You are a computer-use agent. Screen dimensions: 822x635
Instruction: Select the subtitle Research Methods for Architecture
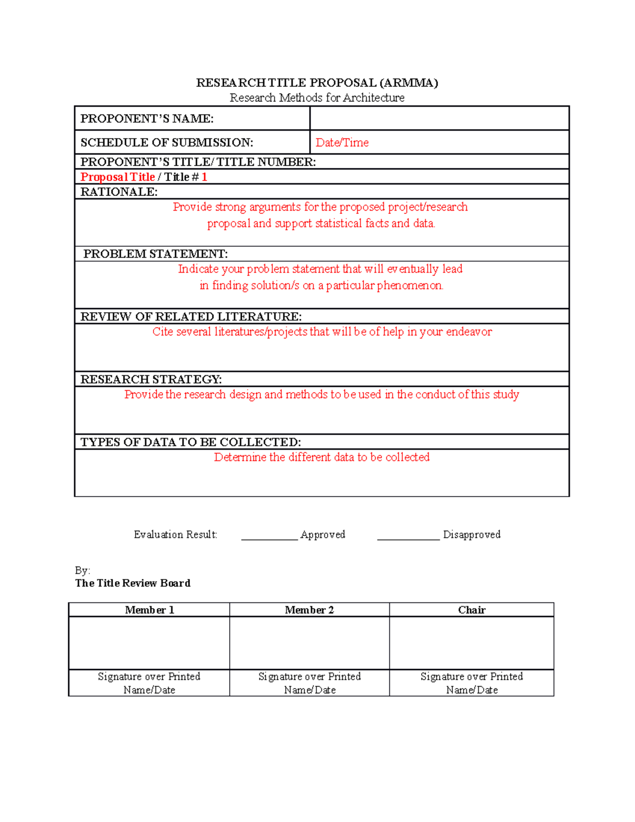[x=317, y=98]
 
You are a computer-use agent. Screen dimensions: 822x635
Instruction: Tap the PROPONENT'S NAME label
[x=147, y=119]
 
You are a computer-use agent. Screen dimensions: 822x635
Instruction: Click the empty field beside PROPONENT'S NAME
[x=439, y=118]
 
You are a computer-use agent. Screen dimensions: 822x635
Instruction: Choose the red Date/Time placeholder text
[x=342, y=142]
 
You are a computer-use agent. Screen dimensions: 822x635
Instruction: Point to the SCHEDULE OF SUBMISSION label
[x=167, y=142]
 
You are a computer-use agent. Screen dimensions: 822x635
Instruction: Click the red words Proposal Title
[x=117, y=177]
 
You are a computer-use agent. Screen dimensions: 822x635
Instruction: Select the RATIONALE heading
[x=119, y=192]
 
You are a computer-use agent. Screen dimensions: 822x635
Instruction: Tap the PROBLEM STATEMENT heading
[x=156, y=254]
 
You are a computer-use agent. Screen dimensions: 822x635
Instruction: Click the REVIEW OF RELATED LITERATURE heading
[x=191, y=317]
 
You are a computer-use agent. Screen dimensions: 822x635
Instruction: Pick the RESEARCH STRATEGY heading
[x=151, y=379]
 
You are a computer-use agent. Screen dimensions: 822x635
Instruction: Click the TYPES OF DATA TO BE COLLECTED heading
[x=190, y=442]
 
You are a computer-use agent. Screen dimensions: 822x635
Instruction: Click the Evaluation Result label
[x=175, y=535]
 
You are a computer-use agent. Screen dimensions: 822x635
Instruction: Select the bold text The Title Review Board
[x=133, y=583]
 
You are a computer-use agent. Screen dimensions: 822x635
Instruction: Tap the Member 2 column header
[x=309, y=610]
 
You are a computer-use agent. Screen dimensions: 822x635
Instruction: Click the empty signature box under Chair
[x=471, y=643]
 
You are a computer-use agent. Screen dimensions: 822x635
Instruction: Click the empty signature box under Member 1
[x=149, y=643]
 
